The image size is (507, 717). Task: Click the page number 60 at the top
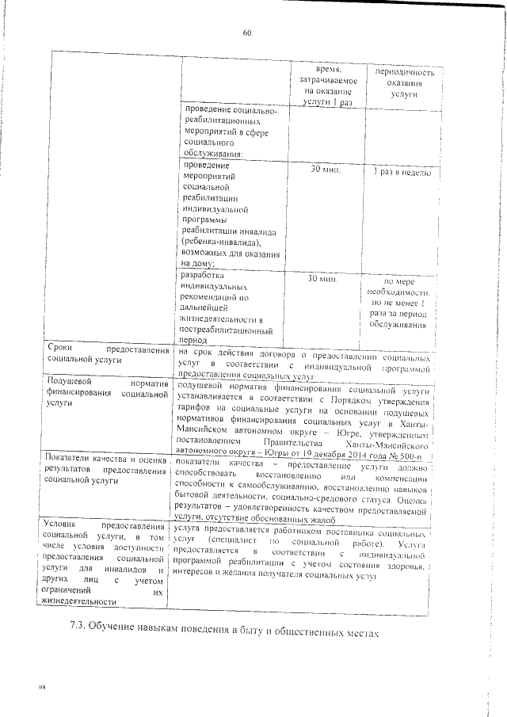(246, 33)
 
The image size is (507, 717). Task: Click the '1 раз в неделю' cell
(396, 171)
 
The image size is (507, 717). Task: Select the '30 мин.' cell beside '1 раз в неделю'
(325, 170)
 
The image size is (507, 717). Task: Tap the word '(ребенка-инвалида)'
(228, 243)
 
